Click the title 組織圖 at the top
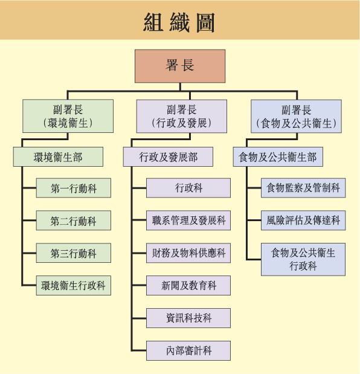coord(179,22)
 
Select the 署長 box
coord(180,66)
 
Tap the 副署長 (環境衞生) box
coord(68,116)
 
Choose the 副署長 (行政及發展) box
coord(181,116)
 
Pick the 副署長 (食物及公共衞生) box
coord(296,116)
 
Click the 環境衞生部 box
coord(58,158)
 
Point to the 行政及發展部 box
coord(169,158)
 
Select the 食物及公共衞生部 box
coord(278,158)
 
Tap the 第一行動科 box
coord(74,189)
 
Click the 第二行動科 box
coord(74,221)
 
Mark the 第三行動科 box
coord(74,253)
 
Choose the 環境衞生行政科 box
coord(74,285)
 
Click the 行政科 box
coord(188,189)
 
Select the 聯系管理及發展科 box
coord(188,221)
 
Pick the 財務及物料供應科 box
coord(188,253)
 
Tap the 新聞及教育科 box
coord(188,285)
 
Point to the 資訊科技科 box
coord(188,317)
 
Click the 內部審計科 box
coord(188,349)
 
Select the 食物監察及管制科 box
coord(303,189)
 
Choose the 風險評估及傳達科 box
coord(303,221)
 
